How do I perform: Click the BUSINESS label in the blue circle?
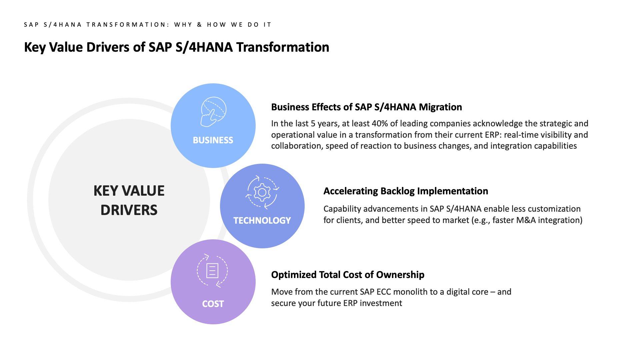[x=213, y=140]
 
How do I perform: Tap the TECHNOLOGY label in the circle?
[x=262, y=221]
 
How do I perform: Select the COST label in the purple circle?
[x=213, y=304]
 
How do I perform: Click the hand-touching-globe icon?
[x=213, y=112]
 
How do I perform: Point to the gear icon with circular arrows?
[x=262, y=192]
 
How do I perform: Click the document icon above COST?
[x=212, y=270]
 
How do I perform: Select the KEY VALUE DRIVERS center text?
[x=129, y=200]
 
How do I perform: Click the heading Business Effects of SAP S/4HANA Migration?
[x=366, y=107]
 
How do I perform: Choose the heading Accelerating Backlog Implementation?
[x=406, y=191]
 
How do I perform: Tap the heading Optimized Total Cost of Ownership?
[x=348, y=275]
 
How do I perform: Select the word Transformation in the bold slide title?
[x=283, y=47]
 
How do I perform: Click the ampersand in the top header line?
[x=200, y=25]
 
